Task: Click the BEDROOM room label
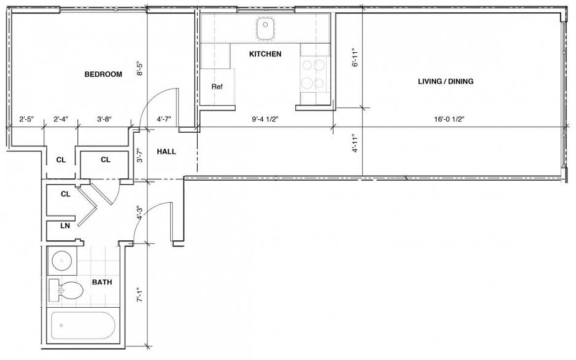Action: (103, 74)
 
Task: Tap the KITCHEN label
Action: (265, 54)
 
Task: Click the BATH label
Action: (101, 283)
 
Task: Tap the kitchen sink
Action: (265, 25)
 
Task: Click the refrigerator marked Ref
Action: (217, 87)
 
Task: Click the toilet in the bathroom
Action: (69, 290)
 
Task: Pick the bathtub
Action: (85, 326)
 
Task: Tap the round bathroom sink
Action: (61, 260)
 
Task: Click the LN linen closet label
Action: (64, 225)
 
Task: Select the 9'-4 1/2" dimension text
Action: (265, 120)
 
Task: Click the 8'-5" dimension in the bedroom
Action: (140, 68)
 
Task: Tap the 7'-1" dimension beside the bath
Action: (140, 296)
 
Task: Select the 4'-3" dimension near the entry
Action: (140, 213)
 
